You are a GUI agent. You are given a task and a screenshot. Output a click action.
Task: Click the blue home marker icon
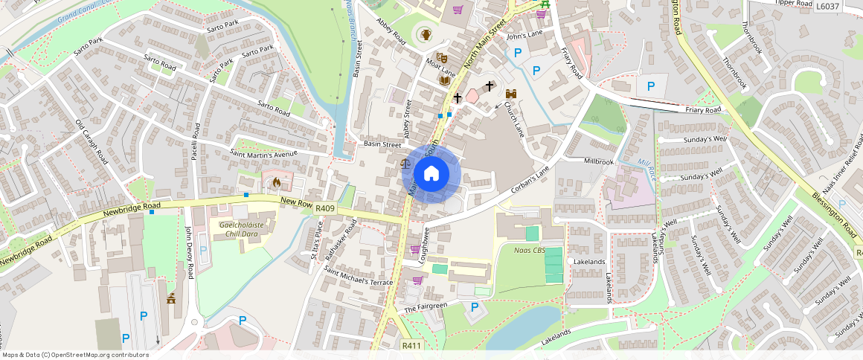431,174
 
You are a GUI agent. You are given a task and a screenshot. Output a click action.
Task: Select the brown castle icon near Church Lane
511,94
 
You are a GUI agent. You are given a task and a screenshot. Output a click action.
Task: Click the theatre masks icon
440,57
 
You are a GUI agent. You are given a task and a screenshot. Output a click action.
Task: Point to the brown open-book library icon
445,80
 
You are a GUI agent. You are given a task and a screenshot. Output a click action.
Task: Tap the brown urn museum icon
426,34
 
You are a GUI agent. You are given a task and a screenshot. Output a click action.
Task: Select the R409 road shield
325,209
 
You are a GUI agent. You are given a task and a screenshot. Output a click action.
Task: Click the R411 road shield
411,346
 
